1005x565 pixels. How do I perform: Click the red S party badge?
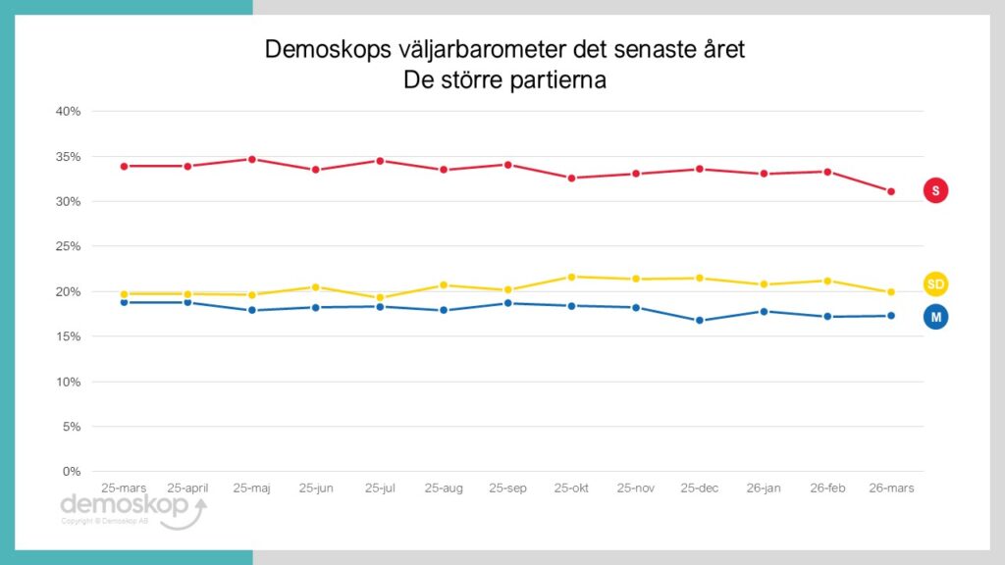[x=935, y=191]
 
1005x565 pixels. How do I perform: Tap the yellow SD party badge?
[x=935, y=284]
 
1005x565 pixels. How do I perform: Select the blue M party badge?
[x=935, y=316]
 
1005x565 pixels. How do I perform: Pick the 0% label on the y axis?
[x=72, y=472]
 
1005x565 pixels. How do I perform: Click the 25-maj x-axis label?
[x=252, y=488]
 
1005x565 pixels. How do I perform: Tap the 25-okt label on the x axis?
[x=571, y=488]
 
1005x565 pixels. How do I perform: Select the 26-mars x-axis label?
[x=890, y=488]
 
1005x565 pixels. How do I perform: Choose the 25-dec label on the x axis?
[x=699, y=488]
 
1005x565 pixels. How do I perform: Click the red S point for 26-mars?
[x=891, y=191]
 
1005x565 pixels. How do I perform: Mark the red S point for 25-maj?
[x=252, y=159]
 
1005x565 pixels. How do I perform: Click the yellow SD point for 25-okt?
[x=571, y=277]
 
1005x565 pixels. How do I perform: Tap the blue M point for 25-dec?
[x=699, y=320]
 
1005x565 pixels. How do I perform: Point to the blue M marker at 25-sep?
[x=507, y=303]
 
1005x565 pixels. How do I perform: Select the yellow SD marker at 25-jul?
[x=380, y=297]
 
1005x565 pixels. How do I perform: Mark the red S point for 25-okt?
[x=571, y=178]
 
